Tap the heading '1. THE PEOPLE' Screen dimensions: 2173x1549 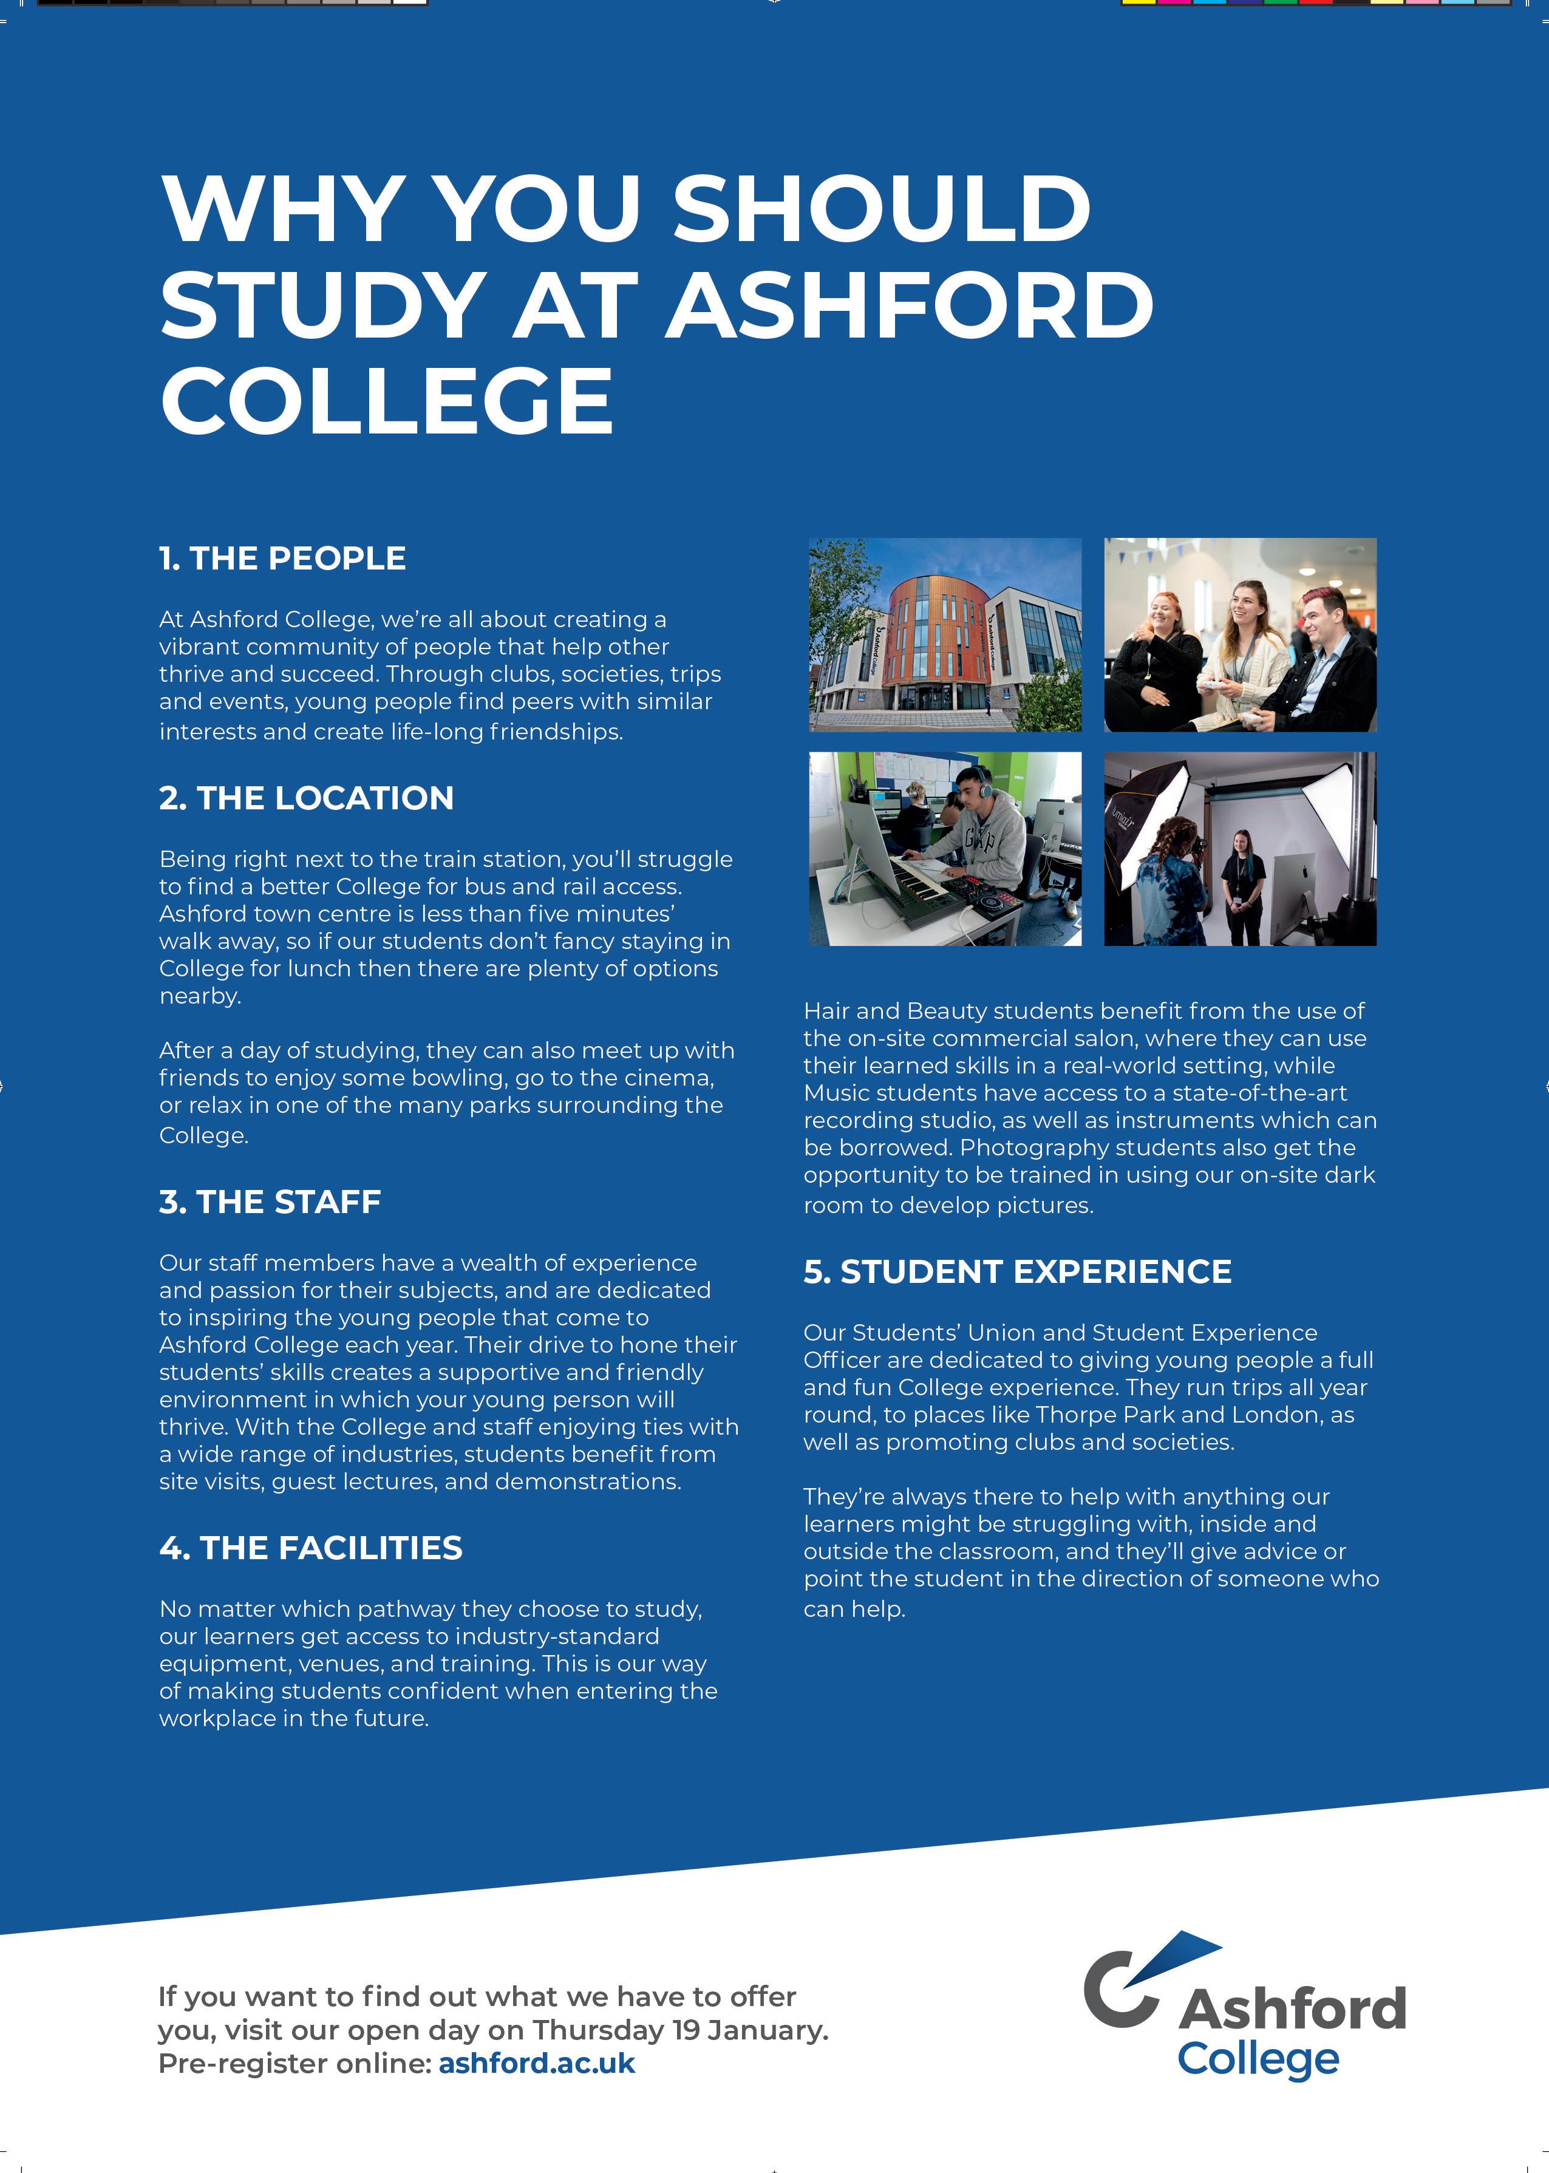pos(282,558)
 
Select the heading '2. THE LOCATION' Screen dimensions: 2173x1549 pos(306,798)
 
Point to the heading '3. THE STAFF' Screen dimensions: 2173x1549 pos(270,1202)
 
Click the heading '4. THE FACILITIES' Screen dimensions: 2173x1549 pos(311,1548)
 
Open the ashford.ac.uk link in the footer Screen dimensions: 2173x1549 pos(536,2062)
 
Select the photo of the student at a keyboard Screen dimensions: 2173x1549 pos(944,849)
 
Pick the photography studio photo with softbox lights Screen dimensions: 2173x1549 pos(1240,849)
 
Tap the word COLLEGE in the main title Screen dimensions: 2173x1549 pos(386,401)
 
